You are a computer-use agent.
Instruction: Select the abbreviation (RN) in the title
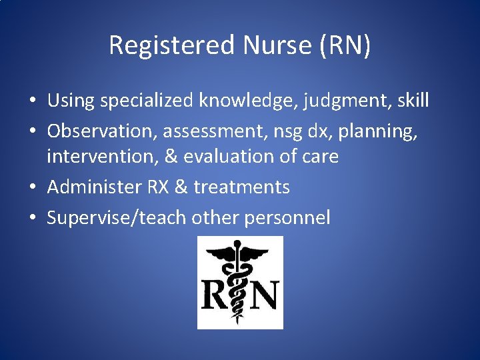coord(346,45)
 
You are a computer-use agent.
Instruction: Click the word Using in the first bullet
coord(70,101)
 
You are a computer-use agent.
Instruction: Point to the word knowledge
coord(247,101)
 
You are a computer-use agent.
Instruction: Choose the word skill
coord(411,101)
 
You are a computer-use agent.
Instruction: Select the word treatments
coord(241,187)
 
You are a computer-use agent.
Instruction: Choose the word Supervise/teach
coord(117,217)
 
